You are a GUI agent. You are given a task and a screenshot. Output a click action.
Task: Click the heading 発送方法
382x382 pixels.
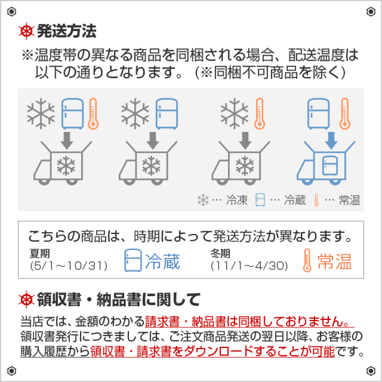pyautogui.click(x=66, y=31)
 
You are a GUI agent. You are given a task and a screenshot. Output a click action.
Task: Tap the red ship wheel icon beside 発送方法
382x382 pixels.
pyautogui.click(x=26, y=31)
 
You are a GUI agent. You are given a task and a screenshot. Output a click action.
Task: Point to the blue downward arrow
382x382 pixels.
pyautogui.click(x=331, y=139)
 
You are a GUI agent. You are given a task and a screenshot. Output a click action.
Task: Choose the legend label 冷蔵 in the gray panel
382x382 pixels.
pyautogui.click(x=295, y=201)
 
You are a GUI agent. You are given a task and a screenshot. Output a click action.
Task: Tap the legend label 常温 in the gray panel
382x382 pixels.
pyautogui.click(x=350, y=201)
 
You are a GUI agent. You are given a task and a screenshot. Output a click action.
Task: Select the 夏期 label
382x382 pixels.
pyautogui.click(x=40, y=253)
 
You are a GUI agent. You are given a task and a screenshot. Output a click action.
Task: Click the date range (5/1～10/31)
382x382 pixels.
pyautogui.click(x=68, y=265)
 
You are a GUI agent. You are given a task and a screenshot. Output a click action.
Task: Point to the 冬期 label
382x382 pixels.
pyautogui.click(x=220, y=253)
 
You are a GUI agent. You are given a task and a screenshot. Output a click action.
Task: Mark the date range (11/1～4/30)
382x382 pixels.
pyautogui.click(x=249, y=265)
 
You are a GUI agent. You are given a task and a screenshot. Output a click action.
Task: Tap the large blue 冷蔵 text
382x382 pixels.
pyautogui.click(x=163, y=261)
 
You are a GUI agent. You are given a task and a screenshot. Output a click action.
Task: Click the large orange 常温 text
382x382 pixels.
pyautogui.click(x=335, y=261)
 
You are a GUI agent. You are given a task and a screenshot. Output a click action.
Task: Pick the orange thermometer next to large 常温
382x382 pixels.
pyautogui.click(x=307, y=261)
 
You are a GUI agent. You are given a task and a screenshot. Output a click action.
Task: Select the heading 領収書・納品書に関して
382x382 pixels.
pyautogui.click(x=119, y=300)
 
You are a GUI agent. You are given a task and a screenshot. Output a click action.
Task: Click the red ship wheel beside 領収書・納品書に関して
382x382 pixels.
pyautogui.click(x=26, y=300)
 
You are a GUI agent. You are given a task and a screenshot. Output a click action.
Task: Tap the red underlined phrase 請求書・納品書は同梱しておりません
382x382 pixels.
pyautogui.click(x=247, y=322)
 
